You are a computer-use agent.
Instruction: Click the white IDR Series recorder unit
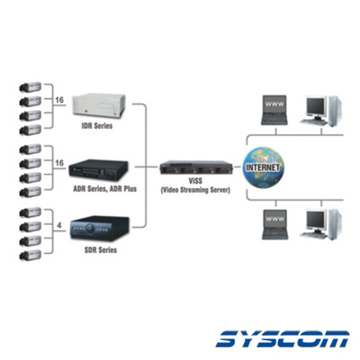click(99, 106)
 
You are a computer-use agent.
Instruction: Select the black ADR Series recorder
click(98, 170)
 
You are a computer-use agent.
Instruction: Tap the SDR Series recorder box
click(100, 229)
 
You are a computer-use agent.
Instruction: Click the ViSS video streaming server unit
click(196, 167)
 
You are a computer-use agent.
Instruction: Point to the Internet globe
click(263, 167)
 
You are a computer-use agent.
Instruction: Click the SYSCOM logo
click(283, 339)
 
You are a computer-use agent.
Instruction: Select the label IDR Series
click(97, 126)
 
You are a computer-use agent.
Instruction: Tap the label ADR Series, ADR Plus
click(104, 189)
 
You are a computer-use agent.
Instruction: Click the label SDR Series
click(101, 249)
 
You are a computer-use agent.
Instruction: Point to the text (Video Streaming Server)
click(195, 190)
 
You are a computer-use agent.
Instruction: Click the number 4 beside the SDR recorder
click(59, 225)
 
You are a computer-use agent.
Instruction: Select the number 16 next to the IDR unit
click(59, 100)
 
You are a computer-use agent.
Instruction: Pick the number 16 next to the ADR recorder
click(59, 163)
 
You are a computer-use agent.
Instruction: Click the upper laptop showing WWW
click(274, 110)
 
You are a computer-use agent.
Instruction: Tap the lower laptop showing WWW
click(274, 224)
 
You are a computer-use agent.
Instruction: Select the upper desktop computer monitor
click(316, 108)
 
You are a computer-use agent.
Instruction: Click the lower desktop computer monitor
click(317, 222)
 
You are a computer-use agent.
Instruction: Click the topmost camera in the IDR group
click(30, 87)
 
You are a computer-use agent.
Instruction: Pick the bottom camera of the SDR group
click(30, 256)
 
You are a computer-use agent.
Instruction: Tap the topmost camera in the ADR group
click(30, 149)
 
